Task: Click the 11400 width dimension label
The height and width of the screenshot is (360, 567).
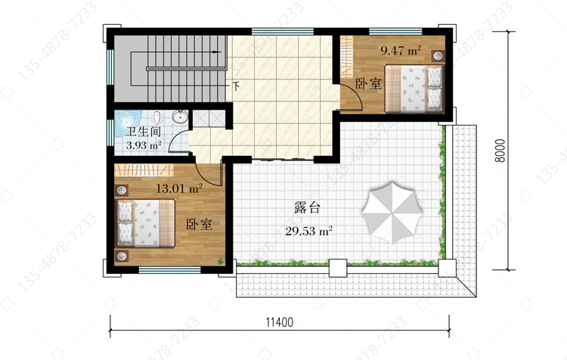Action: pyautogui.click(x=280, y=321)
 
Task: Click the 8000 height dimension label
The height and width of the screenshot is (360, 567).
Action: pyautogui.click(x=500, y=151)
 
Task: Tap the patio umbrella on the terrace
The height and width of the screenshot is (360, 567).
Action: pyautogui.click(x=392, y=213)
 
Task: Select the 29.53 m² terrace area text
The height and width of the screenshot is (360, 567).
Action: pyautogui.click(x=308, y=231)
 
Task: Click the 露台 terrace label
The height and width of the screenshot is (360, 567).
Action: pyautogui.click(x=308, y=208)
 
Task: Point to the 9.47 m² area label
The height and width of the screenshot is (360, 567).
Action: pyautogui.click(x=401, y=50)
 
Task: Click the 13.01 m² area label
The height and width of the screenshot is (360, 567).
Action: pyautogui.click(x=178, y=188)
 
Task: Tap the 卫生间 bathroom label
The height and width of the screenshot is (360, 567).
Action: pyautogui.click(x=143, y=132)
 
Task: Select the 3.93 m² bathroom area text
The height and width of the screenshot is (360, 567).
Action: pyautogui.click(x=144, y=145)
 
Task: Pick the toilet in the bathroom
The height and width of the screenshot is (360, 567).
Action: pyautogui.click(x=157, y=117)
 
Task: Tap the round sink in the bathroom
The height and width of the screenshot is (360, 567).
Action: pyautogui.click(x=180, y=117)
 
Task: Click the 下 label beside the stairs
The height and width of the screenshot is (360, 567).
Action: pyautogui.click(x=236, y=86)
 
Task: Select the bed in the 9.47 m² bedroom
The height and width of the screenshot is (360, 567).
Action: pyautogui.click(x=414, y=88)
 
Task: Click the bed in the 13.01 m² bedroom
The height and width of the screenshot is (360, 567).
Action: pyautogui.click(x=145, y=223)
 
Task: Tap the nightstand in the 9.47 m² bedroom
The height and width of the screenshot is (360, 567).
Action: pyautogui.click(x=438, y=56)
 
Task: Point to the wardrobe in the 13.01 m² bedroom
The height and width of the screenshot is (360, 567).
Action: pyautogui.click(x=144, y=169)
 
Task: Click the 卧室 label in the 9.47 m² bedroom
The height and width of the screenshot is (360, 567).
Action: pyautogui.click(x=368, y=84)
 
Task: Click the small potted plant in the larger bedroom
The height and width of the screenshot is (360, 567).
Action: pyautogui.click(x=219, y=261)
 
